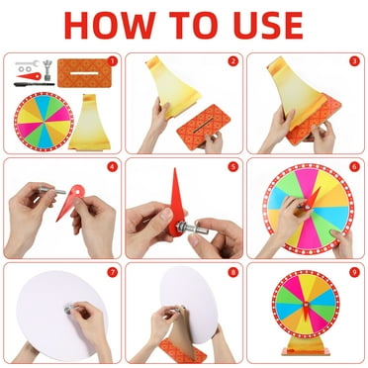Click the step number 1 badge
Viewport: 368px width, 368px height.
tap(111, 61)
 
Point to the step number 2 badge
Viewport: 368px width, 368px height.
tap(232, 61)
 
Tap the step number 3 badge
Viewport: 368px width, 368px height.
tap(353, 61)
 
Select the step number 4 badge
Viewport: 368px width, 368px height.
tap(111, 166)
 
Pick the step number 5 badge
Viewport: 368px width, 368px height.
tap(232, 166)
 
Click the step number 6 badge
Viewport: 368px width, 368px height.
tap(353, 166)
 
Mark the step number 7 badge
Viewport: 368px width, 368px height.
tap(111, 271)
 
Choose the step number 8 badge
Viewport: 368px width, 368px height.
tap(232, 271)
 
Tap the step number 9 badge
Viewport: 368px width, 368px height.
tap(353, 271)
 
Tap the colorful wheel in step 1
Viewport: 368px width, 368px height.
tap(44, 121)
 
